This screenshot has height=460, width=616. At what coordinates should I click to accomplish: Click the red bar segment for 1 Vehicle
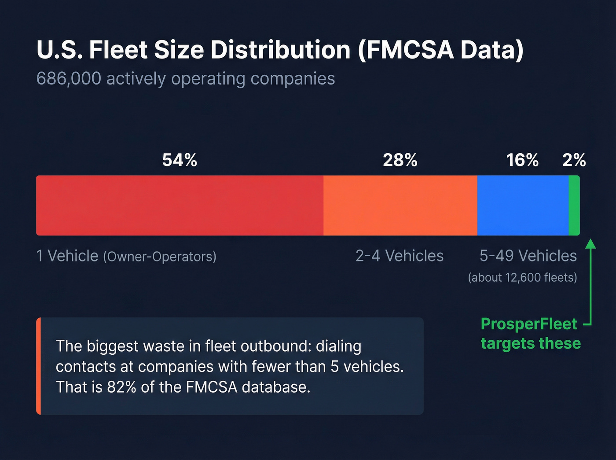pyautogui.click(x=180, y=206)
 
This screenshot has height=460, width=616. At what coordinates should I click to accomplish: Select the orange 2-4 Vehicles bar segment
pyautogui.click(x=400, y=206)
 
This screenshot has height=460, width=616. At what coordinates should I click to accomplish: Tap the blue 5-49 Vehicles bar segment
pyautogui.click(x=523, y=206)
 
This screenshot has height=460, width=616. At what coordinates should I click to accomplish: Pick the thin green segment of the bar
pyautogui.click(x=574, y=206)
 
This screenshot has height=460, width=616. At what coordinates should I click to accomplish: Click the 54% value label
pyautogui.click(x=180, y=160)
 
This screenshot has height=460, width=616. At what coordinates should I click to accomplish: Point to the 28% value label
pyautogui.click(x=400, y=160)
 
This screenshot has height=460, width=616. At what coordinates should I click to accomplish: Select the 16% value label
pyautogui.click(x=522, y=160)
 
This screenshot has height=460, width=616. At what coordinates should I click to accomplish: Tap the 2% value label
pyautogui.click(x=574, y=160)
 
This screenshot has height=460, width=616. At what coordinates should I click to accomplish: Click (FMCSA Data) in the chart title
pyautogui.click(x=440, y=50)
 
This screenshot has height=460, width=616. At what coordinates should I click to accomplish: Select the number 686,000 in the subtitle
pyautogui.click(x=69, y=79)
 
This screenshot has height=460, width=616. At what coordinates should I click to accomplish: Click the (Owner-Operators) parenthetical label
pyautogui.click(x=160, y=257)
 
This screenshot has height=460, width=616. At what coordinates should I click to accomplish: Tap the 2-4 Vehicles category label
pyautogui.click(x=400, y=256)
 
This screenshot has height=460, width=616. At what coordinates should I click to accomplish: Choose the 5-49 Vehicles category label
pyautogui.click(x=528, y=256)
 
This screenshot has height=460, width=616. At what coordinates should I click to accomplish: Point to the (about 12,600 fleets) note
pyautogui.click(x=522, y=278)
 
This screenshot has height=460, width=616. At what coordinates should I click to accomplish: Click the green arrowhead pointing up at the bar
pyautogui.click(x=591, y=243)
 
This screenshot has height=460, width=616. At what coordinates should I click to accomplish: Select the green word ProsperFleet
pyautogui.click(x=529, y=324)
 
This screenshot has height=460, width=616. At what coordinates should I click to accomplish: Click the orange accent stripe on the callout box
pyautogui.click(x=39, y=366)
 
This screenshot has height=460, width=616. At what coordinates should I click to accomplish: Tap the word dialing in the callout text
pyautogui.click(x=338, y=346)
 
